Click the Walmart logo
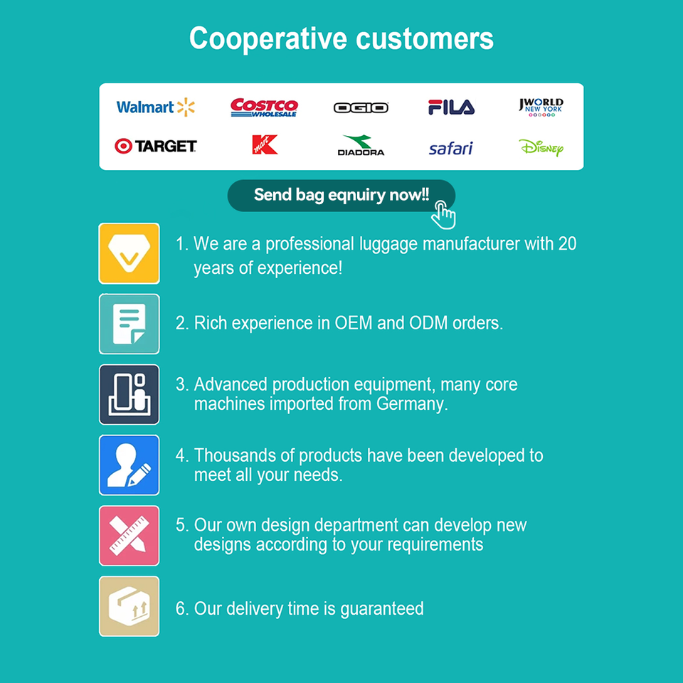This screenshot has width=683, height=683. (x=155, y=107)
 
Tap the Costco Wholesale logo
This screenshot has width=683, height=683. (x=264, y=107)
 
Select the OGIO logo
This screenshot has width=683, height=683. (x=361, y=107)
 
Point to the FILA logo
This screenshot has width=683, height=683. (x=451, y=107)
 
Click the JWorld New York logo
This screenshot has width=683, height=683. (x=541, y=107)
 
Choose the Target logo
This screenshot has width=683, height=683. (x=156, y=146)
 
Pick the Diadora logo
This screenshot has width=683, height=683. (x=361, y=146)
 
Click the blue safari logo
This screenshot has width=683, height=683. (x=451, y=148)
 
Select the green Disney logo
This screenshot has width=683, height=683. (x=541, y=147)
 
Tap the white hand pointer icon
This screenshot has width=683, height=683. (x=443, y=214)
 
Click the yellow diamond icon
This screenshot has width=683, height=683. (x=129, y=253)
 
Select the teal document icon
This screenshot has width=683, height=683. (x=129, y=324)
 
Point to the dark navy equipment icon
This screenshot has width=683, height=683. (x=129, y=394)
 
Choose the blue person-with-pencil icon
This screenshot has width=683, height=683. (x=129, y=465)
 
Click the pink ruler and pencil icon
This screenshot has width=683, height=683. (x=129, y=535)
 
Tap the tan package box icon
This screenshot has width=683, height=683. (x=129, y=606)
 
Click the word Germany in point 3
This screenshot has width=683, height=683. (x=415, y=404)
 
